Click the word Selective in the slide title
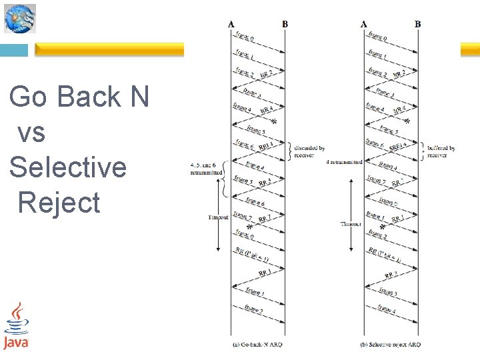pyautogui.click(x=67, y=167)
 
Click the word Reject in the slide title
pyautogui.click(x=59, y=202)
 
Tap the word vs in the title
pyautogui.click(x=31, y=132)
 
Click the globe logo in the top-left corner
pyautogui.click(x=20, y=18)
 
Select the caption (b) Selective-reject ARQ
pyautogui.click(x=390, y=344)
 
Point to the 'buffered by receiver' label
pyautogui.click(x=441, y=151)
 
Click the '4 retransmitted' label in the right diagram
pyautogui.click(x=344, y=162)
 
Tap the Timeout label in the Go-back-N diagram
pyautogui.click(x=218, y=217)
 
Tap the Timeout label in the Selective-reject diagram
pyautogui.click(x=351, y=224)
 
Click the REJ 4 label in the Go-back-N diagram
pyautogui.click(x=266, y=145)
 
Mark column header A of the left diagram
pyautogui.click(x=231, y=25)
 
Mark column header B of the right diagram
pyautogui.click(x=418, y=25)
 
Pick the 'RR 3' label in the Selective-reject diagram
pyautogui.click(x=391, y=273)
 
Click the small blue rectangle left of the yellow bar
pyautogui.click(x=14, y=50)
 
